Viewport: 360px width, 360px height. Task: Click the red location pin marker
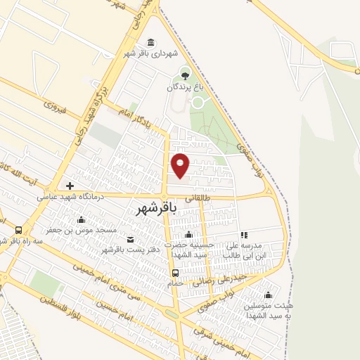(x=181, y=165)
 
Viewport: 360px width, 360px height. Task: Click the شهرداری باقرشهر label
(x=152, y=53)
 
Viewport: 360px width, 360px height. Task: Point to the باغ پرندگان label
(x=184, y=88)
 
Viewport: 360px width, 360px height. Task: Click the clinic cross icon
(x=70, y=186)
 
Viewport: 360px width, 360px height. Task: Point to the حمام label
(x=175, y=283)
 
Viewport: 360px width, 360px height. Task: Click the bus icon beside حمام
(x=175, y=273)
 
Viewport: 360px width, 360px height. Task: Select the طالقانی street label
(x=197, y=200)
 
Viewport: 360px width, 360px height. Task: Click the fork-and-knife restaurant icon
(x=244, y=235)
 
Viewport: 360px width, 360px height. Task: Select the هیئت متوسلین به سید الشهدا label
(x=264, y=311)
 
